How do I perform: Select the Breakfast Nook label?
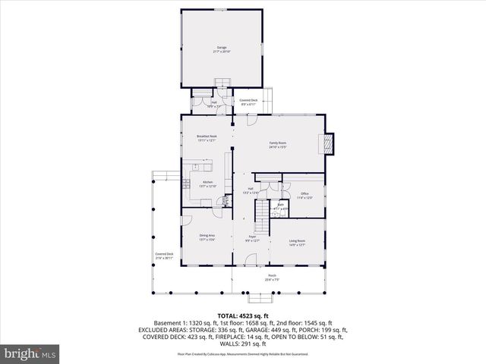(197, 138)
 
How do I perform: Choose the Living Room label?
(296, 243)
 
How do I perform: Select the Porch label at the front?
(272, 278)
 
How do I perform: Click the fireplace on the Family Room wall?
(327, 143)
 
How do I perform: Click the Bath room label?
(280, 206)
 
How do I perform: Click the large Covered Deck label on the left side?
(165, 256)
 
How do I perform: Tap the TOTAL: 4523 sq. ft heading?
(243, 315)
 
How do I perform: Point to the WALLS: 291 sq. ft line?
(243, 344)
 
